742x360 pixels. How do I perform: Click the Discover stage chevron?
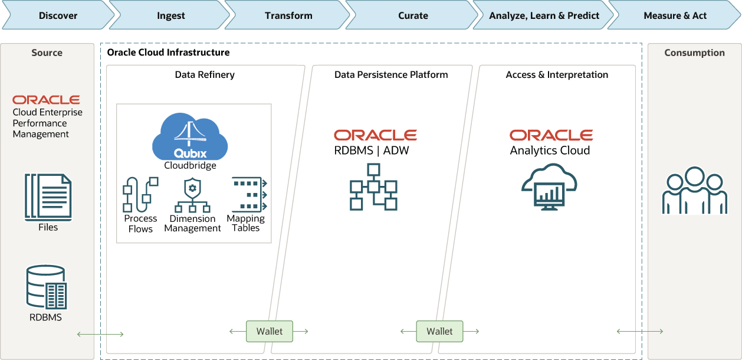(x=58, y=15)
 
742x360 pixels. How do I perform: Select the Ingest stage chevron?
(x=171, y=15)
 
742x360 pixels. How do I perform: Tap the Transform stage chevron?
(x=288, y=15)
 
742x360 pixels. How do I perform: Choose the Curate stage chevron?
(x=413, y=15)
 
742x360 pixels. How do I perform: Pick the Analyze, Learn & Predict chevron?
(x=544, y=15)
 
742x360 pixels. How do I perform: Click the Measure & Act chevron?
(x=675, y=15)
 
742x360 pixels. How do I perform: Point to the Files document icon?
(x=48, y=197)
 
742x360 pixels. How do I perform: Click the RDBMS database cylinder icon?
(x=47, y=287)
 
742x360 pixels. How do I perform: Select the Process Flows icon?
(x=140, y=194)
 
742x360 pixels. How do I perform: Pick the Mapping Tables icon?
(x=247, y=194)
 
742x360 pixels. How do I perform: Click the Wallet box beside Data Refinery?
(x=269, y=331)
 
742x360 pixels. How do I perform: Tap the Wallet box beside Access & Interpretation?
(x=439, y=331)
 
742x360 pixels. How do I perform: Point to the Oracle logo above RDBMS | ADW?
(x=375, y=135)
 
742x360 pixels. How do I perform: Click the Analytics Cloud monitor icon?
(x=549, y=188)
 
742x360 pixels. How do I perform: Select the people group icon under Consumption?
(x=694, y=190)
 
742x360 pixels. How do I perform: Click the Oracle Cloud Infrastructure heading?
(x=168, y=53)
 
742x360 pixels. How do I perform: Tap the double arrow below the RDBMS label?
(x=100, y=335)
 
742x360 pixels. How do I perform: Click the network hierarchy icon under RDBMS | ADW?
(x=373, y=187)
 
